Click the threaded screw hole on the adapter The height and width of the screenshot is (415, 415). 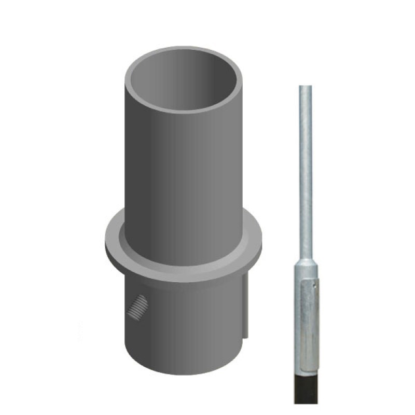136,307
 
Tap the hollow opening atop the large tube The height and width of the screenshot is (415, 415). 184,80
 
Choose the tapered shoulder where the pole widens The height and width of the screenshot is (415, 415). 306,262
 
